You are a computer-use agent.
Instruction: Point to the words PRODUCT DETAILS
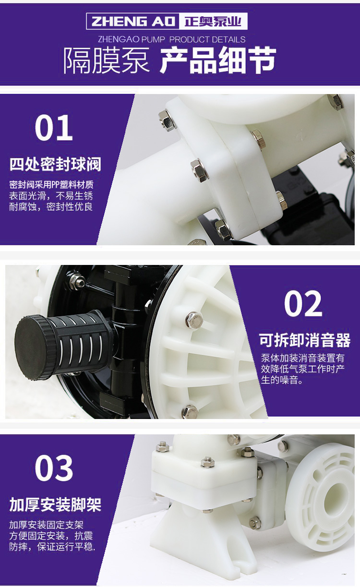coord(207,39)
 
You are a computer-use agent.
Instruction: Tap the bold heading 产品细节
coord(218,60)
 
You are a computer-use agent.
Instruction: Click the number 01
coord(54,128)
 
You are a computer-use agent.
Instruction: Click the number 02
coord(303,304)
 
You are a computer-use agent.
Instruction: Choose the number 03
coord(54,468)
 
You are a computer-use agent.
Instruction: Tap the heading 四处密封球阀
coord(55,165)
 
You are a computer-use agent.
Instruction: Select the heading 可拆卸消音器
coord(305,340)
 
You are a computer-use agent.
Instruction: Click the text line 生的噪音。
coord(282,380)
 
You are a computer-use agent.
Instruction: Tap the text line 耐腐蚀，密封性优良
coord(51,207)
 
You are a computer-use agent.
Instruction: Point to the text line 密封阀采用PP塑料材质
coord(51,185)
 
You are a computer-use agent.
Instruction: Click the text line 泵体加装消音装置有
coord(302,358)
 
